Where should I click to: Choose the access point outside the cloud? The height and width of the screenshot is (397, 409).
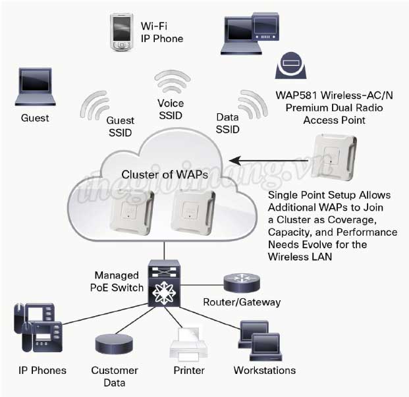coord(335,156)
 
